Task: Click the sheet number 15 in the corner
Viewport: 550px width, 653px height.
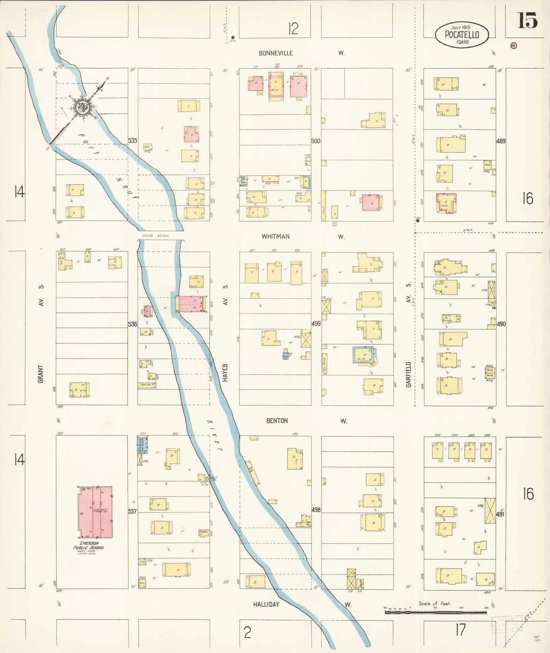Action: click(x=527, y=21)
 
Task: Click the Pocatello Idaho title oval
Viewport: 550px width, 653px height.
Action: click(x=462, y=35)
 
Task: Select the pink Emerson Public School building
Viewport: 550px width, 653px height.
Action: click(x=95, y=512)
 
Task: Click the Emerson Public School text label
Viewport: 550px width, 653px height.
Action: click(x=89, y=546)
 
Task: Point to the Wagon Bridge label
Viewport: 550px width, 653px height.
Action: click(x=155, y=236)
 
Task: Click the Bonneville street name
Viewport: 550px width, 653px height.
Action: click(x=276, y=53)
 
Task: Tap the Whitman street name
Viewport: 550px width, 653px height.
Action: click(x=275, y=237)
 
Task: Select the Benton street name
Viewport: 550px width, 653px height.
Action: click(x=277, y=421)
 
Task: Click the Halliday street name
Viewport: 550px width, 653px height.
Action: click(x=266, y=604)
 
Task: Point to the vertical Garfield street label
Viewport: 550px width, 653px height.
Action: click(x=408, y=375)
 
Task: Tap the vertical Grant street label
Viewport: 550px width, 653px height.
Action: click(x=41, y=374)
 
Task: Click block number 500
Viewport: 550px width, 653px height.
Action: click(x=316, y=141)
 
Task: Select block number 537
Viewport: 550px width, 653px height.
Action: click(x=132, y=511)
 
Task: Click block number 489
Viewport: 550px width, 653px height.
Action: click(x=501, y=141)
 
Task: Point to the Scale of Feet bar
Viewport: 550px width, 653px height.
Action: click(x=435, y=613)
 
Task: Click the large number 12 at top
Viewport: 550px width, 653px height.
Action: click(x=293, y=29)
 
